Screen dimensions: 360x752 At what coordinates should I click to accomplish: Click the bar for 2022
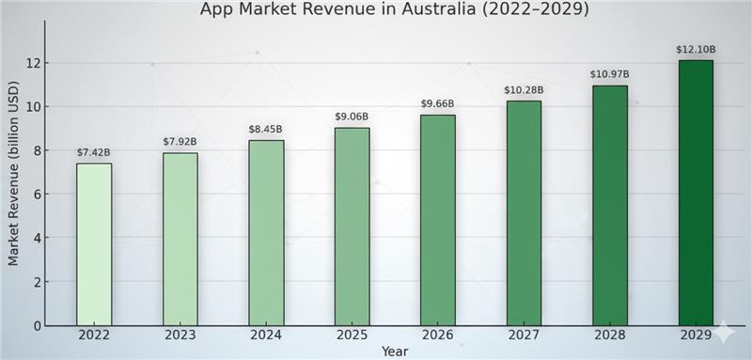[x=94, y=244]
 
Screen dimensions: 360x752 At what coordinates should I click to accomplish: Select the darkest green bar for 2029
[x=696, y=193]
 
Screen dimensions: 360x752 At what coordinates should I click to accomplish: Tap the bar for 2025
[x=352, y=227]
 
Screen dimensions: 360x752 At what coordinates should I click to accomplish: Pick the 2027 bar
[x=524, y=212]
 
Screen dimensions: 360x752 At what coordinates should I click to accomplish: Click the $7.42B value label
[x=94, y=151]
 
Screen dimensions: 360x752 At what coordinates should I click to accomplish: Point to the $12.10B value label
[x=696, y=49]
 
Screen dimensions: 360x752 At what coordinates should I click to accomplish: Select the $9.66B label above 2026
[x=437, y=103]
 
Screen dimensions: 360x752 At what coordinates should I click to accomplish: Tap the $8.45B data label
[x=266, y=129]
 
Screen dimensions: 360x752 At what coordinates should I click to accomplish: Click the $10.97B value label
[x=610, y=74]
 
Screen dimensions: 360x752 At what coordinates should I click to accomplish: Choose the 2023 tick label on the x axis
[x=180, y=336]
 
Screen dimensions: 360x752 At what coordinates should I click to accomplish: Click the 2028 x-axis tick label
[x=610, y=336]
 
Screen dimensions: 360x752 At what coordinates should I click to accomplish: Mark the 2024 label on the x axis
[x=266, y=336]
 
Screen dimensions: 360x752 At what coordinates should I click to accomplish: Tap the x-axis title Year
[x=395, y=351]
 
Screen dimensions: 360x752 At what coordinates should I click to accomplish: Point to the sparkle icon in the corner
[x=725, y=333]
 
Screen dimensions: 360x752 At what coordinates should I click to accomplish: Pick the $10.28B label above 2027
[x=524, y=90]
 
